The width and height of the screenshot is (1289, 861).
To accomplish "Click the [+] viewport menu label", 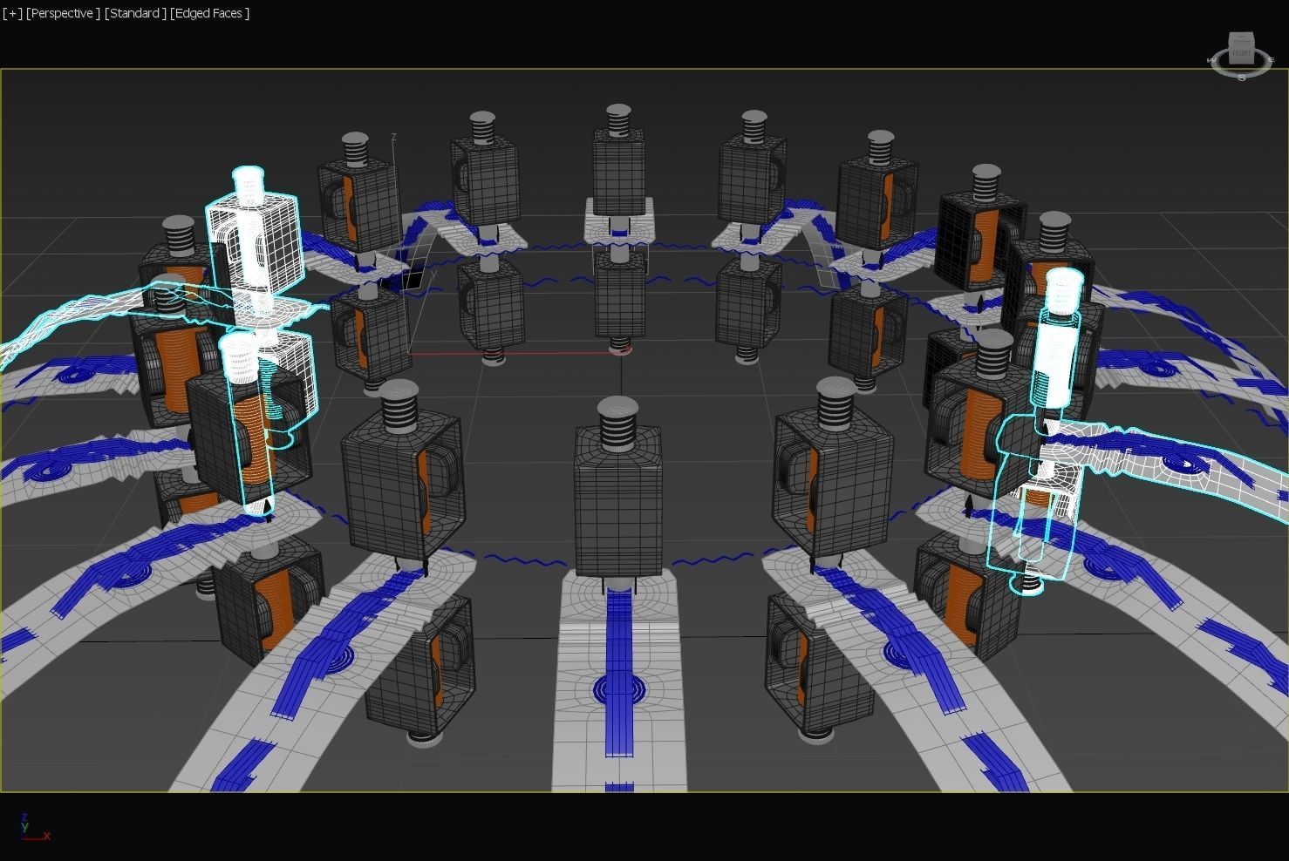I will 13,13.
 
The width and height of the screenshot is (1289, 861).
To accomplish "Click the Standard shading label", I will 134,13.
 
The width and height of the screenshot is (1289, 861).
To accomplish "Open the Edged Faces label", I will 210,13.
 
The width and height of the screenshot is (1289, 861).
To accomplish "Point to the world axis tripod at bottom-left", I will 31,829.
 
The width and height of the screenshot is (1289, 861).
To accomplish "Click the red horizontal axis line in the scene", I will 515,354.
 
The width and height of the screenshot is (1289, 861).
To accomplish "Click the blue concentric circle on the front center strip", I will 618,690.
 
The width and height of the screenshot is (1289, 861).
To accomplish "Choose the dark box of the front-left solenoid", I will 397,488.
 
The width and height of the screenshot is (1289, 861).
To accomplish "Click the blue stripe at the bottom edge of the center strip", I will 618,786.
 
